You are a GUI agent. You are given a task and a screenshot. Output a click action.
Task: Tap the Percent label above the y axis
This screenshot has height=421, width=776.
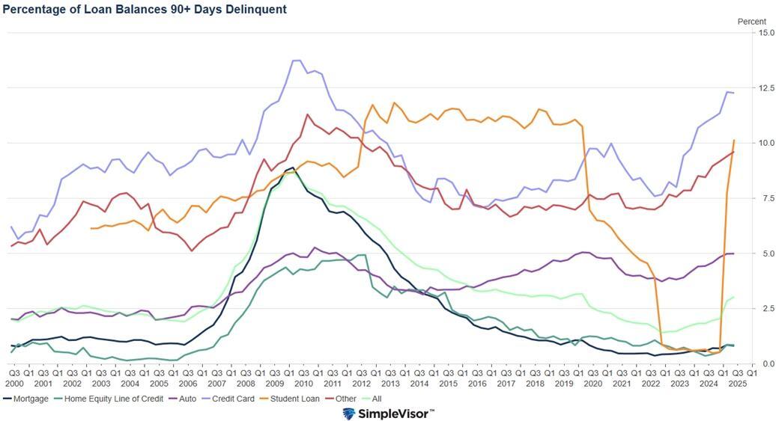tap(752, 22)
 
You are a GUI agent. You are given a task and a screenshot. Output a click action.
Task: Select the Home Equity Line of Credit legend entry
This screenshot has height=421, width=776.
tap(113, 399)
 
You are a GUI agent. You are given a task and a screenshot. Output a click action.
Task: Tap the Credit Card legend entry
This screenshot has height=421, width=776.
tap(233, 399)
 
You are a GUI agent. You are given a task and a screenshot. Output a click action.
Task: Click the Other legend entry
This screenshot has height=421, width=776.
tap(345, 399)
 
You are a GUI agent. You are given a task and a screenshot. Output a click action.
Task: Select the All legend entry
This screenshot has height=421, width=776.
tap(376, 399)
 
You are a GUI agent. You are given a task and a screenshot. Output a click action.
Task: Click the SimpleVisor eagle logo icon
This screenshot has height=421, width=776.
tap(349, 414)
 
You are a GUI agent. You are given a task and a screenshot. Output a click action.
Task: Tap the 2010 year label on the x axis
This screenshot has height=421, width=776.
tap(303, 383)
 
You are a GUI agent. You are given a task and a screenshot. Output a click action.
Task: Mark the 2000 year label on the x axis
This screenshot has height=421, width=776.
tap(14, 383)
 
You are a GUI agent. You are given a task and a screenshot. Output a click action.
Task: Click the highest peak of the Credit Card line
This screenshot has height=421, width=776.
tap(297, 60)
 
